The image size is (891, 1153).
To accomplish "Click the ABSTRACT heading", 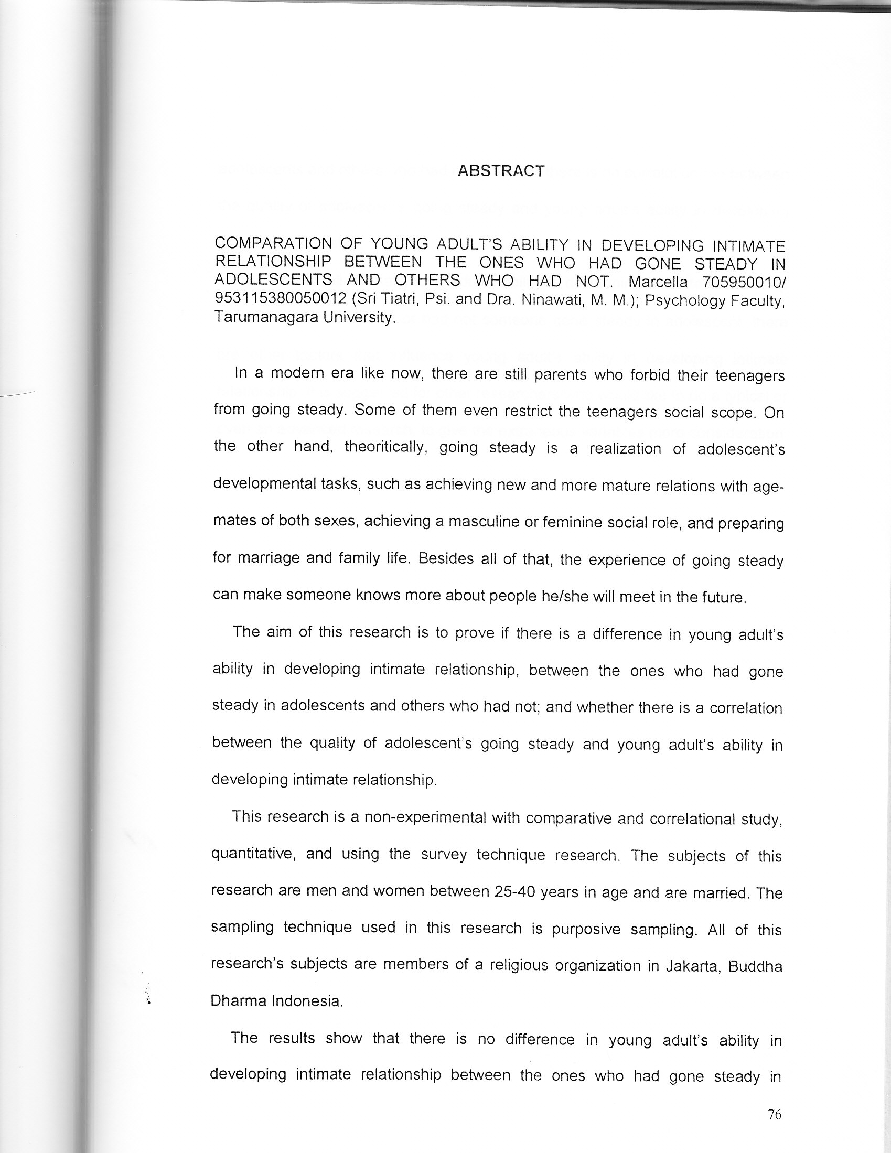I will pos(501,171).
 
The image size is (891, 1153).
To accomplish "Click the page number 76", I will pos(774,1115).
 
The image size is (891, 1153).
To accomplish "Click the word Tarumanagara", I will pos(264,318).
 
